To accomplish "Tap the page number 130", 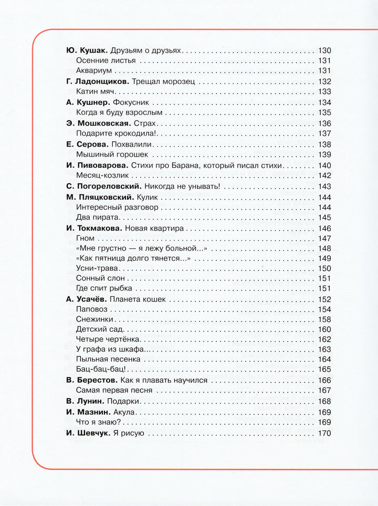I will [x=325, y=51].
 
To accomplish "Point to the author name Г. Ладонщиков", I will [x=97, y=81].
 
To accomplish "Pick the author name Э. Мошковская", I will [x=99, y=123].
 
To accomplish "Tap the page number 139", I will [x=325, y=154].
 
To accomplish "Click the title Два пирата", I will [x=98, y=217].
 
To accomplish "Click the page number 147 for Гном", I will [x=325, y=238].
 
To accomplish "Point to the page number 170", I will [x=325, y=433].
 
